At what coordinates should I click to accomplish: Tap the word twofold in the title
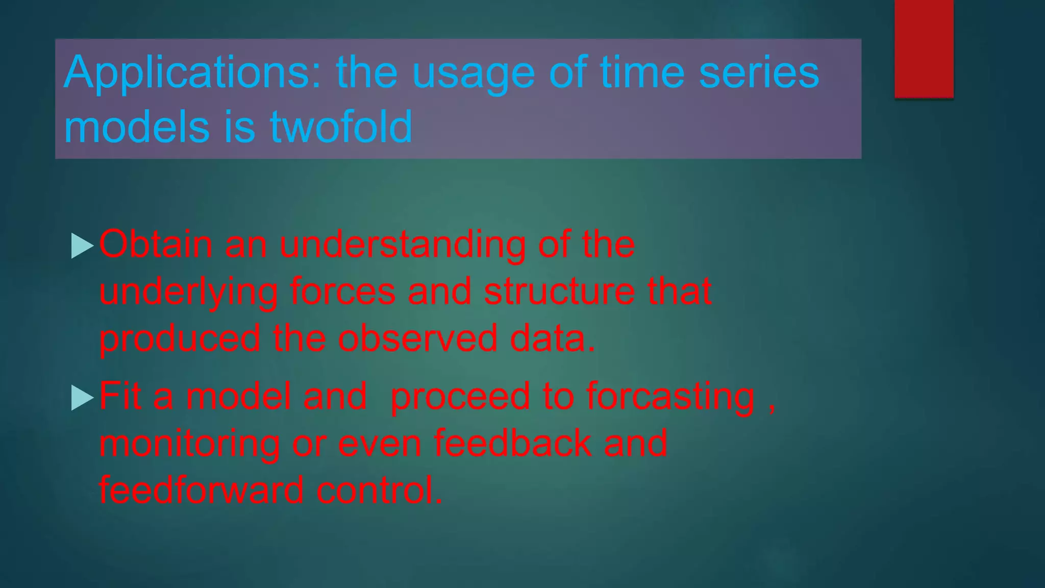click(x=341, y=127)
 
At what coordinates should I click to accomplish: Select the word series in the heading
click(x=759, y=72)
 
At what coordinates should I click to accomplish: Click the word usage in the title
click(x=473, y=73)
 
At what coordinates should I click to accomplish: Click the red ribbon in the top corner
click(x=924, y=48)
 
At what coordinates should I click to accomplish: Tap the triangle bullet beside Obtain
click(x=82, y=246)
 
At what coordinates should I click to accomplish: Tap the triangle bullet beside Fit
click(x=82, y=398)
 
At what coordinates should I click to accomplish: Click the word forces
click(x=342, y=291)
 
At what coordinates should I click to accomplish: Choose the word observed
click(x=417, y=338)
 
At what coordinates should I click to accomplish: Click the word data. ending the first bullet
click(x=553, y=338)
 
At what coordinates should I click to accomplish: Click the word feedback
click(x=512, y=443)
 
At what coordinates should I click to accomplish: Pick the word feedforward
click(x=201, y=489)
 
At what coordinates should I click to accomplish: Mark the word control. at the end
click(x=379, y=489)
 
